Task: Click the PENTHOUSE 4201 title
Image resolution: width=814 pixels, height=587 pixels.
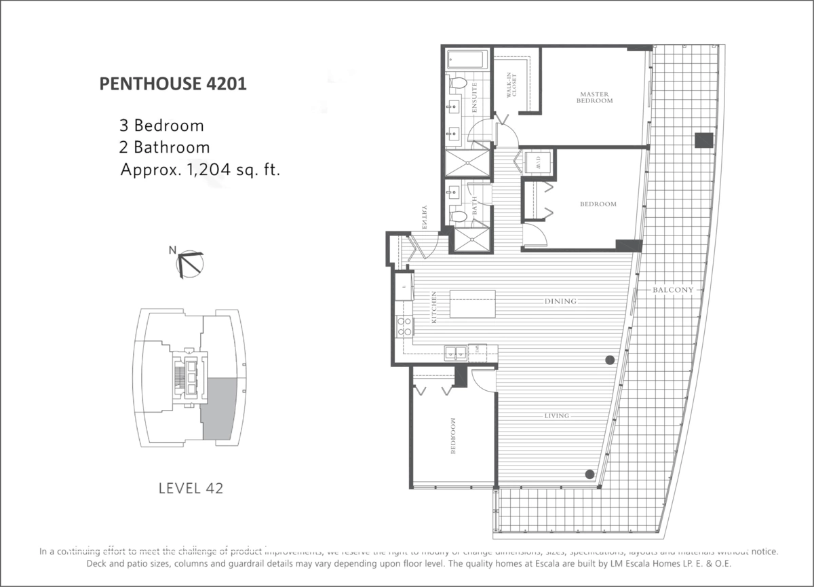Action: (x=172, y=84)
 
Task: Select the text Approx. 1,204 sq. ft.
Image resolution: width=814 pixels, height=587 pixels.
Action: (x=200, y=170)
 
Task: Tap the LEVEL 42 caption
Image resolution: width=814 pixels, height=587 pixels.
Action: (x=190, y=488)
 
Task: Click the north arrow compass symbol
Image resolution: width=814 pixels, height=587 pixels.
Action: (x=189, y=263)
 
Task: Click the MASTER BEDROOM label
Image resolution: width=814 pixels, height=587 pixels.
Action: (x=595, y=97)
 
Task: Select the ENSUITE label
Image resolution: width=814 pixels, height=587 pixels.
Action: (x=476, y=96)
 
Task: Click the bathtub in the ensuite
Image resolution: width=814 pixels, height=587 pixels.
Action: (x=467, y=60)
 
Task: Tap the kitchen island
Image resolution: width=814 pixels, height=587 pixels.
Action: (x=472, y=304)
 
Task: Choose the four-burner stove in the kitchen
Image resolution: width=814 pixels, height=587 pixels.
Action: (x=405, y=327)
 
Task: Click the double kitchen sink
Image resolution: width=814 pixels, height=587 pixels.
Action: (x=454, y=352)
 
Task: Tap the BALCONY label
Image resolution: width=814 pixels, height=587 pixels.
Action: (x=673, y=290)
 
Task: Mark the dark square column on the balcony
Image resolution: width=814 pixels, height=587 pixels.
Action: (x=704, y=140)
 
